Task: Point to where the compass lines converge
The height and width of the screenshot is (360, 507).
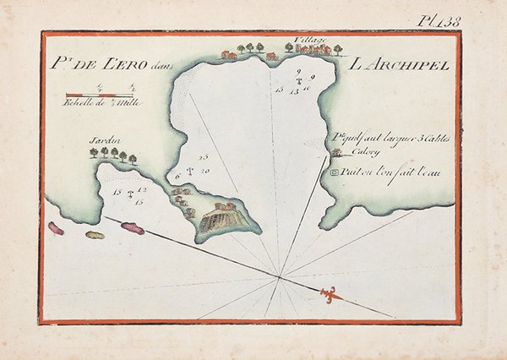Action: pyautogui.click(x=280, y=275)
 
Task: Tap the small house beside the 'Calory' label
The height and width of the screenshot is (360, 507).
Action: pyautogui.click(x=337, y=153)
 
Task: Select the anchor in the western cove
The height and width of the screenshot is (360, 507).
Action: pyautogui.click(x=130, y=195)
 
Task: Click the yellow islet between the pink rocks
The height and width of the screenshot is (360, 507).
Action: pyautogui.click(x=95, y=234)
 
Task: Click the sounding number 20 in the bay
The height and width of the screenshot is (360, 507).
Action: pyautogui.click(x=205, y=171)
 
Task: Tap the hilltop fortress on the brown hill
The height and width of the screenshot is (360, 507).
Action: pyautogui.click(x=224, y=206)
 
